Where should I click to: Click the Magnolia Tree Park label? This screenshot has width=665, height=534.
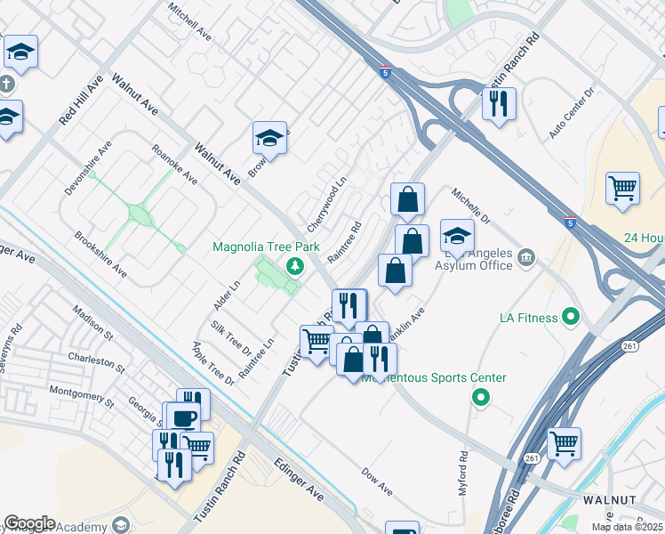pyautogui.click(x=265, y=247)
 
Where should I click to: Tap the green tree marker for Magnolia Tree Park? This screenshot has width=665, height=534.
pyautogui.click(x=293, y=265)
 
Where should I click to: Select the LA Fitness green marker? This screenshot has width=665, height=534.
pyautogui.click(x=570, y=317)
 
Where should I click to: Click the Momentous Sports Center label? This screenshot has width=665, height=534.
pyautogui.click(x=434, y=378)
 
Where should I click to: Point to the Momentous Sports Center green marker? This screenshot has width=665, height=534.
pyautogui.click(x=481, y=397)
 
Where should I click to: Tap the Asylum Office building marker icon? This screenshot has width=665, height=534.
pyautogui.click(x=525, y=258)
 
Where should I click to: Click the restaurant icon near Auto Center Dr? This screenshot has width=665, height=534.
pyautogui.click(x=499, y=103)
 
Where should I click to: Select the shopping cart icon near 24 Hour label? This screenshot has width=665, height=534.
pyautogui.click(x=622, y=187)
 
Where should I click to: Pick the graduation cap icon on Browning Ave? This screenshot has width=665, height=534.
pyautogui.click(x=269, y=138)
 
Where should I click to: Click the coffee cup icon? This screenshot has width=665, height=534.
pyautogui.click(x=184, y=417)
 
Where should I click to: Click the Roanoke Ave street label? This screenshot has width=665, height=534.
pyautogui.click(x=173, y=165)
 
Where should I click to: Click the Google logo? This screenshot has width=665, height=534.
pyautogui.click(x=29, y=523)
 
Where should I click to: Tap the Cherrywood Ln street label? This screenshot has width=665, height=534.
pyautogui.click(x=325, y=204)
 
